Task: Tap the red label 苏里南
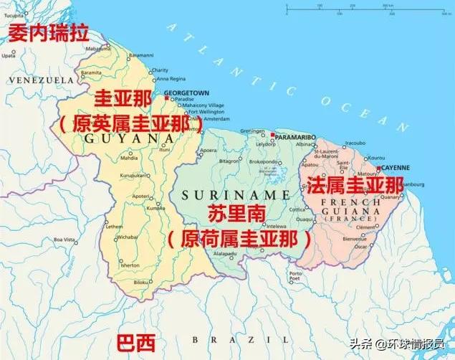coord(236,215)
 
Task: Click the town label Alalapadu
coord(224,253)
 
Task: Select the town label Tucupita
coord(13,14)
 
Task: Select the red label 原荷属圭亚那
coord(239,237)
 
